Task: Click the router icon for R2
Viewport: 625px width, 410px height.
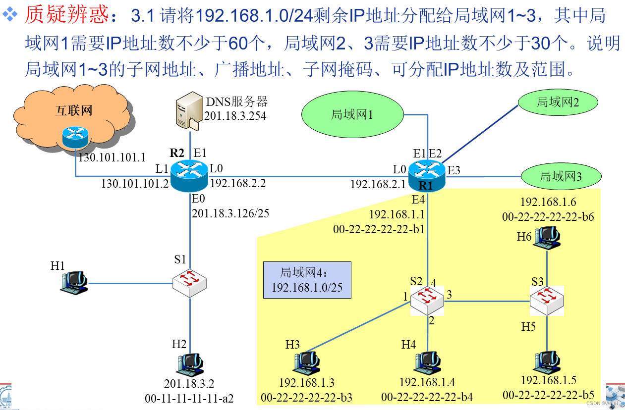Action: tap(189, 175)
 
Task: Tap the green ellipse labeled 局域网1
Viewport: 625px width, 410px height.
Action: tap(352, 115)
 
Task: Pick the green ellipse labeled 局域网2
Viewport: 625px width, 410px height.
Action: tap(558, 102)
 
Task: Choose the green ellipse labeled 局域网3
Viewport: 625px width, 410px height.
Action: tap(561, 176)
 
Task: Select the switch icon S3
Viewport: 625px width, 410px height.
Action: tap(546, 301)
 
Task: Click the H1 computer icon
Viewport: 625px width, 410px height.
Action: tap(74, 283)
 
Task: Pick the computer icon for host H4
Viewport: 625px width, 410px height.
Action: tap(427, 363)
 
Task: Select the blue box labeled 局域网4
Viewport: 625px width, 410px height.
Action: tap(307, 280)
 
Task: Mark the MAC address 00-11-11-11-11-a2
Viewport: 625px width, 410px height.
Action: tap(189, 398)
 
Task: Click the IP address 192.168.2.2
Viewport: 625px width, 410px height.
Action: tap(238, 184)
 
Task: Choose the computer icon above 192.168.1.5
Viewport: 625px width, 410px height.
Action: tap(547, 363)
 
